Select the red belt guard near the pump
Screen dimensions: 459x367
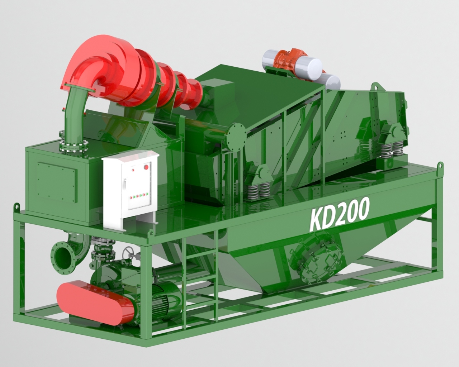click(x=95, y=299)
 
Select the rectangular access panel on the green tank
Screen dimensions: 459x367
click(x=57, y=182)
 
